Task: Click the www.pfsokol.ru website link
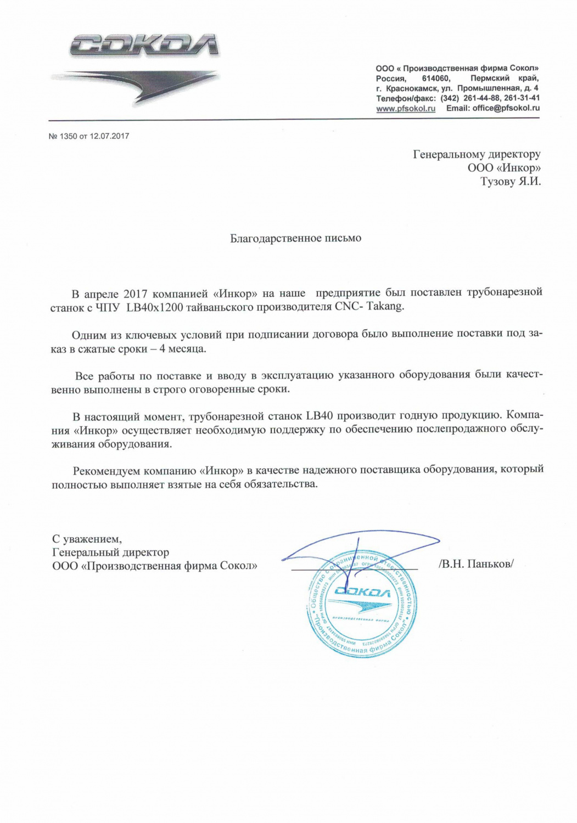(405, 109)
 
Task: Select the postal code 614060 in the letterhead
(436, 78)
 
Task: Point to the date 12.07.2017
(109, 136)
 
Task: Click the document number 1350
(69, 136)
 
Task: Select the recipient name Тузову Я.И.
(510, 182)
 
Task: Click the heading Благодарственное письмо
(295, 238)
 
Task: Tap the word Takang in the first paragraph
(388, 307)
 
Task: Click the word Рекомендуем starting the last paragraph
(106, 470)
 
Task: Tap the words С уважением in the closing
(86, 539)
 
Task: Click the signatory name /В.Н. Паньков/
(476, 563)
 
